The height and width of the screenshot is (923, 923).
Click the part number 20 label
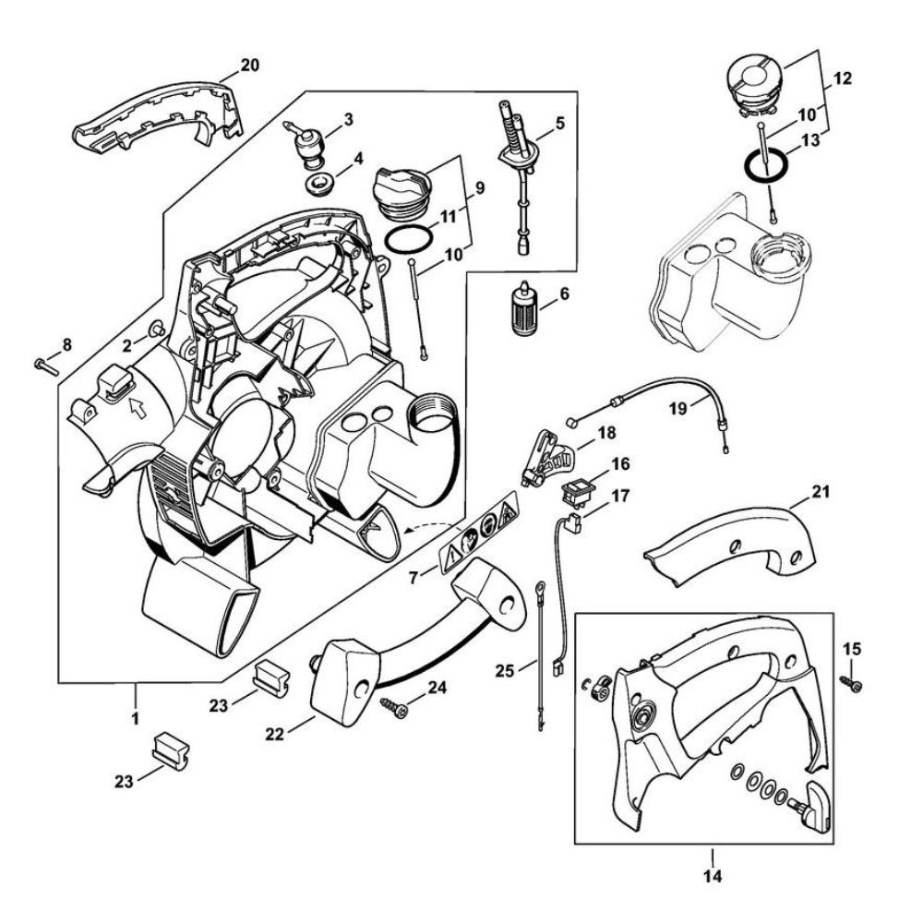click(249, 65)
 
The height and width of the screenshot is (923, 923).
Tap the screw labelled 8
click(44, 366)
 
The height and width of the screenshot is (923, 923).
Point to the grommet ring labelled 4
click(319, 182)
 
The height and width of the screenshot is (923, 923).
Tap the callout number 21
click(821, 491)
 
